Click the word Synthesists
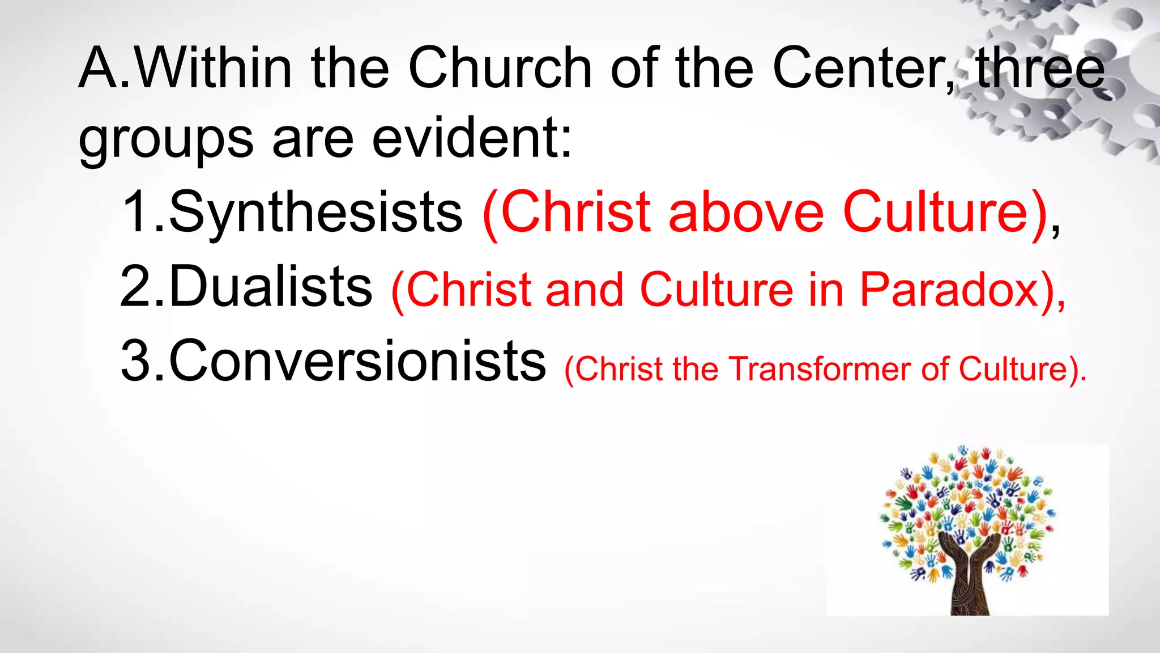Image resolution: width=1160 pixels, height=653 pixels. [x=315, y=213]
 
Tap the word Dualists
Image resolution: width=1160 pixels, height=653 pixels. [x=271, y=287]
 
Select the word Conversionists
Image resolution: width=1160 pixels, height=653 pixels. [x=357, y=361]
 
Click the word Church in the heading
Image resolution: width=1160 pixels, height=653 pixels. [x=500, y=68]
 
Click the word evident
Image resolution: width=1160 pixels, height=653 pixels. [x=471, y=139]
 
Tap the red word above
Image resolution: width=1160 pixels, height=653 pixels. [x=746, y=213]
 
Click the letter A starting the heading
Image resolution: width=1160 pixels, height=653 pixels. [x=99, y=68]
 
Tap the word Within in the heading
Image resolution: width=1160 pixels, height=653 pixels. [x=214, y=68]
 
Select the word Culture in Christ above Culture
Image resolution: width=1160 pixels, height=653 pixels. [x=935, y=213]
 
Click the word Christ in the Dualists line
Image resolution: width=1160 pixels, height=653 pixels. [x=469, y=290]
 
